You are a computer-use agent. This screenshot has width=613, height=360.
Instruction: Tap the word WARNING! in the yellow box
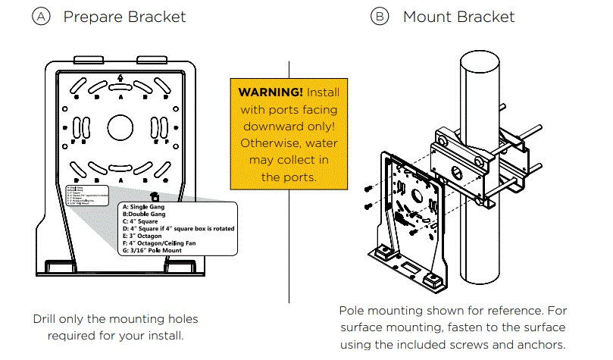tap(271, 92)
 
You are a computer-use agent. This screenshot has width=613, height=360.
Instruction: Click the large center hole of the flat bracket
tap(120, 127)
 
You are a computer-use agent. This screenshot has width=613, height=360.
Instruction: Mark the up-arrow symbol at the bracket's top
tap(120, 78)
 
